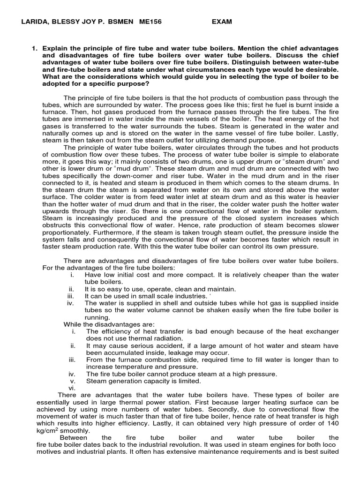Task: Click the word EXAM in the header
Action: point(221,22)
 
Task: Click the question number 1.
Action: point(34,48)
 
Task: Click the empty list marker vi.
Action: point(71,388)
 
